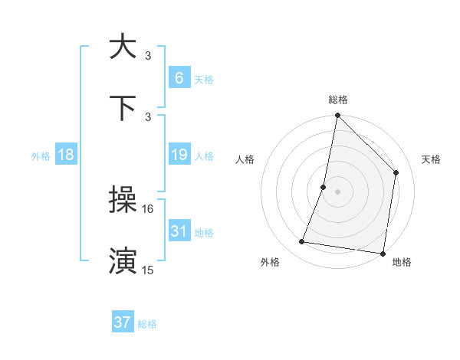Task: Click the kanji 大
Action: (123, 47)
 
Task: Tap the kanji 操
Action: (123, 201)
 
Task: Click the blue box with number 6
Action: (179, 78)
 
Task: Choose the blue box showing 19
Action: (179, 155)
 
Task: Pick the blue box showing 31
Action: (179, 231)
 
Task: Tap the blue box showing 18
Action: (66, 155)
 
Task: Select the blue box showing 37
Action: (123, 322)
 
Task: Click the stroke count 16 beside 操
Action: (148, 208)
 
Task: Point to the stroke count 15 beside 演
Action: (148, 270)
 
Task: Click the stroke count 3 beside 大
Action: (148, 55)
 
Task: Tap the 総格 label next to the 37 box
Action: (147, 324)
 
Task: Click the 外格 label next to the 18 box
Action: (41, 155)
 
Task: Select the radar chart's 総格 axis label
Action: (337, 100)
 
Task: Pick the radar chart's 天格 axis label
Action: (431, 159)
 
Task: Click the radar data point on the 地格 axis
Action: (383, 253)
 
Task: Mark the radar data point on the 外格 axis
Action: (302, 242)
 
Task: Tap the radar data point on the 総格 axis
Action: (337, 116)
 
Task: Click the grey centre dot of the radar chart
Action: (337, 191)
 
